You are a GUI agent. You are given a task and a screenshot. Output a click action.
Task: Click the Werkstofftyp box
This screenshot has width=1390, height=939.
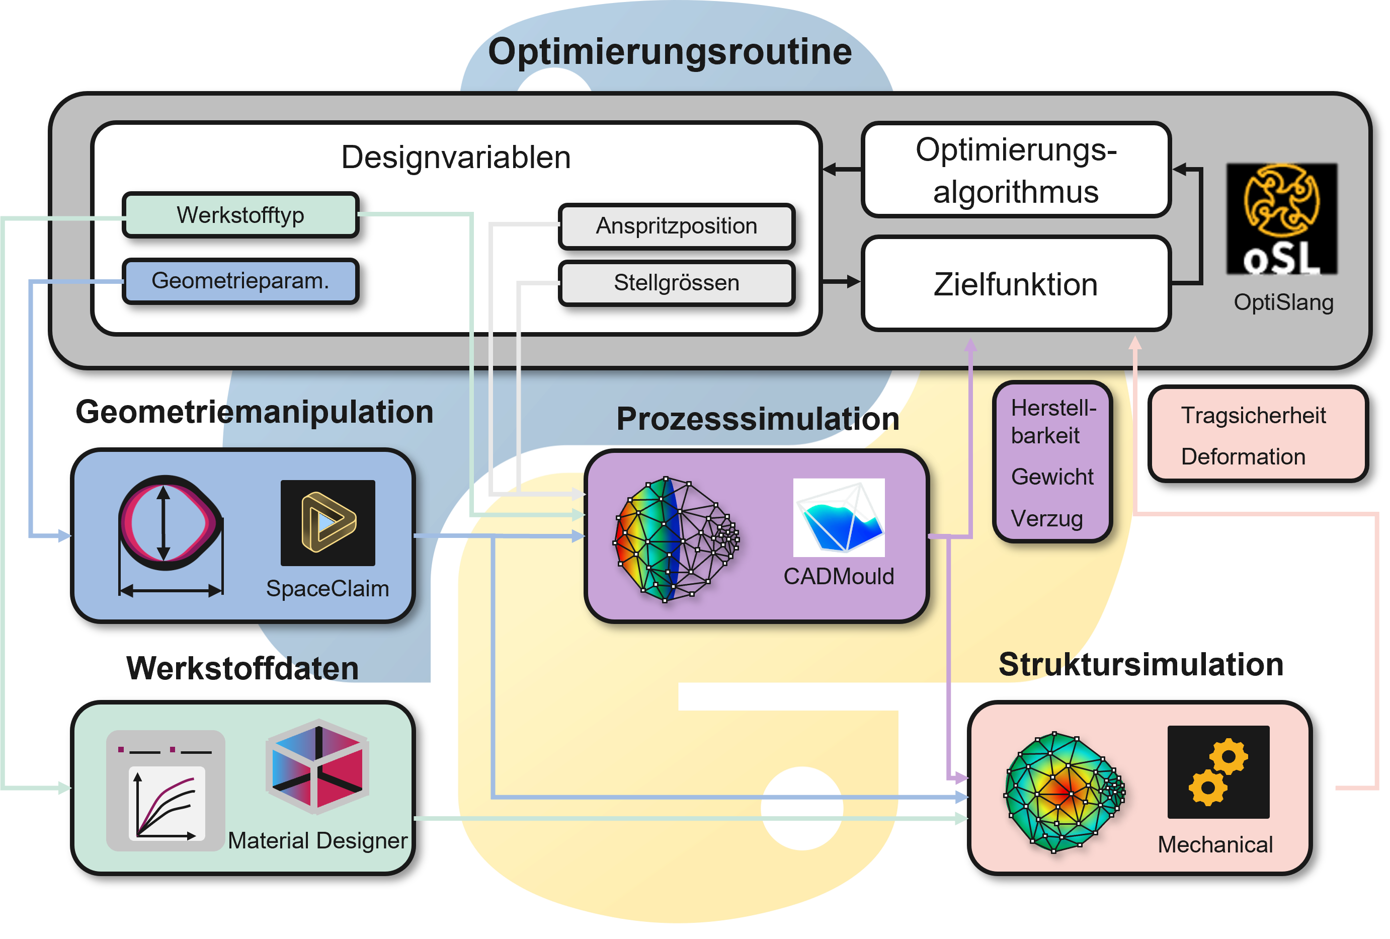[x=240, y=215]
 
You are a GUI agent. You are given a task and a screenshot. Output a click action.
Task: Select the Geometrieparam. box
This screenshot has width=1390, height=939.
[x=240, y=281]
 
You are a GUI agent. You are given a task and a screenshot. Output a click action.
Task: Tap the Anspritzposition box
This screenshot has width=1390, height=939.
[x=677, y=226]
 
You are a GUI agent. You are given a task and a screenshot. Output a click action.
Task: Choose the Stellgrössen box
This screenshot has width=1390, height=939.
[x=677, y=283]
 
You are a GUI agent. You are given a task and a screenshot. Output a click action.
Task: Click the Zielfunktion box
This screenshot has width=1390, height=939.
[x=1016, y=283]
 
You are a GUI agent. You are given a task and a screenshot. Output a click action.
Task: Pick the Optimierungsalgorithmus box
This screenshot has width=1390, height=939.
[x=1016, y=170]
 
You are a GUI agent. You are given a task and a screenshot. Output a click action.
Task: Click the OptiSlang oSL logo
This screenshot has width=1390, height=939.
[x=1281, y=219]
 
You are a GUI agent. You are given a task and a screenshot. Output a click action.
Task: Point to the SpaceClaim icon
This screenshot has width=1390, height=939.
[x=328, y=523]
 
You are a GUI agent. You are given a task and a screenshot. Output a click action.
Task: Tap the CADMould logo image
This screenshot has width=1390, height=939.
[x=839, y=517]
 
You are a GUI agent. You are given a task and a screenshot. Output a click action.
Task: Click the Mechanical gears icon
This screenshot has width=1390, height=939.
[x=1218, y=771]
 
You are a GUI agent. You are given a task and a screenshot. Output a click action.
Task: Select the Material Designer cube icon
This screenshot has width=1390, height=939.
[x=317, y=767]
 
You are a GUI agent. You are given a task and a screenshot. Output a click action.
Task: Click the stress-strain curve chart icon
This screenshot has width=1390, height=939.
[x=166, y=791]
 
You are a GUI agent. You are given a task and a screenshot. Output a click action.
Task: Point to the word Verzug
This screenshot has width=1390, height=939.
[x=1047, y=518]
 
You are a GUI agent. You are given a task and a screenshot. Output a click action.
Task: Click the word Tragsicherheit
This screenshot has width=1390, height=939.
[x=1254, y=415]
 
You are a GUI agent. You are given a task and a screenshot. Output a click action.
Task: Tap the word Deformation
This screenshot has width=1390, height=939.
[x=1243, y=456]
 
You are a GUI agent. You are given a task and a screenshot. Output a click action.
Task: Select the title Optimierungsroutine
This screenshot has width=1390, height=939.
[x=670, y=51]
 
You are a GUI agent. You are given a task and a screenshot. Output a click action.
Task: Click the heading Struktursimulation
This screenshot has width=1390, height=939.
[x=1141, y=664]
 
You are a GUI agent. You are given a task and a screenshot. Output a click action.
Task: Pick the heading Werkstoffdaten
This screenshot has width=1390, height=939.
[x=242, y=668]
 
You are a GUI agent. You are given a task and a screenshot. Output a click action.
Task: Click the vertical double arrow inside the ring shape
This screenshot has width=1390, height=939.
[x=164, y=523]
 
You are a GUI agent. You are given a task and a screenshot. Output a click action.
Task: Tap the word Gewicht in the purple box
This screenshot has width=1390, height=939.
[x=1052, y=477]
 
